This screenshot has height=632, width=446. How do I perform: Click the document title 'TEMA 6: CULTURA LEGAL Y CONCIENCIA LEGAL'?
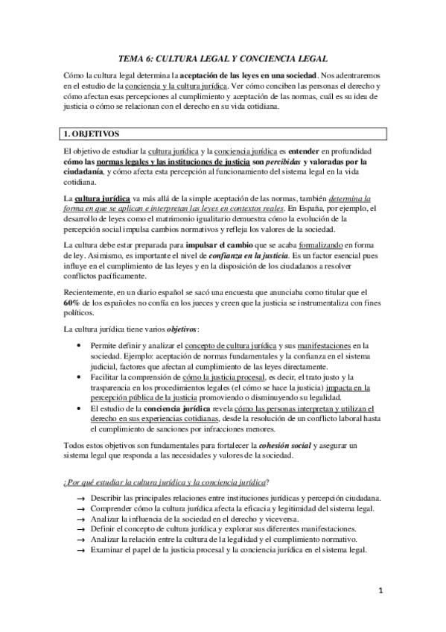pos(223,57)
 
